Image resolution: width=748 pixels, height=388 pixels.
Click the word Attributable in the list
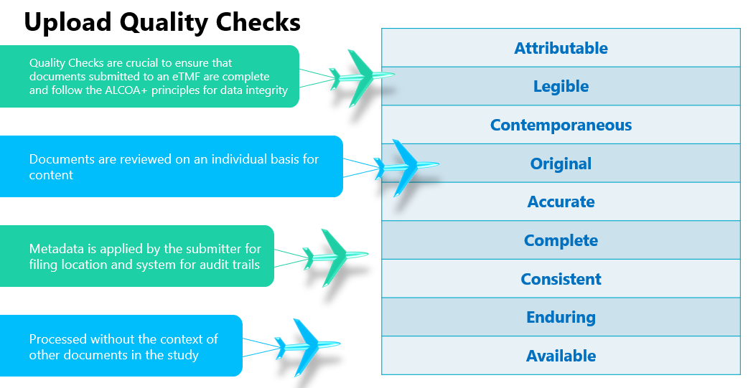point(561,48)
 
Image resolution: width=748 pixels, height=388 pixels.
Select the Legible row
point(561,87)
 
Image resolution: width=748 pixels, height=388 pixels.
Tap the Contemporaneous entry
point(561,125)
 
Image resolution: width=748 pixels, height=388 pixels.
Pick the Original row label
point(561,164)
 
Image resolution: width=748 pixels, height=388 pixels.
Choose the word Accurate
point(561,202)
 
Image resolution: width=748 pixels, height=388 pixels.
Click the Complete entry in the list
point(561,240)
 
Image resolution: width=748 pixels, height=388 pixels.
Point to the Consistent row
point(561,279)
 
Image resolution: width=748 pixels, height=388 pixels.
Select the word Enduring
point(561,317)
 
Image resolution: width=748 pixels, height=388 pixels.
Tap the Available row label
point(561,356)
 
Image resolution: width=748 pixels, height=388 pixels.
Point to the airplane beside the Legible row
point(359,75)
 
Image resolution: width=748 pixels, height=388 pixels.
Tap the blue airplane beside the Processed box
point(304,346)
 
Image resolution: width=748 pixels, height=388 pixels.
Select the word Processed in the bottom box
point(58,339)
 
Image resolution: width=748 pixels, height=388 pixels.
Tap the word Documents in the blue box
point(59,159)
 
